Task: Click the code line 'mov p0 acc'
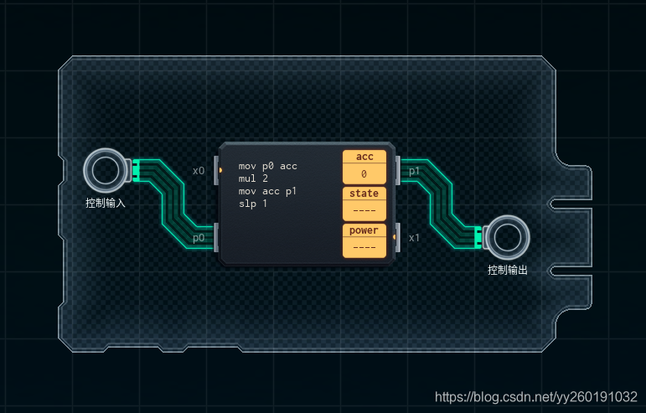click(x=267, y=166)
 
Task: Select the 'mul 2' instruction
click(x=253, y=178)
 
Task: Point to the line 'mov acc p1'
click(x=267, y=191)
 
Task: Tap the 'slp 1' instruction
click(x=253, y=204)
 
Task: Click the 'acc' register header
click(x=364, y=157)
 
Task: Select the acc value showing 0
click(x=364, y=173)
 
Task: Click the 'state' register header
click(x=364, y=194)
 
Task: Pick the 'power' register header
click(x=364, y=230)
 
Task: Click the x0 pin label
click(x=199, y=171)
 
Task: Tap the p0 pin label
click(x=199, y=238)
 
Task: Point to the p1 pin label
click(x=414, y=171)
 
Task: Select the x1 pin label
click(x=414, y=238)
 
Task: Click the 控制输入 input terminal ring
click(x=106, y=171)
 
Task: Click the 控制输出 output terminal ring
click(x=508, y=238)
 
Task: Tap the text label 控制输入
click(x=106, y=203)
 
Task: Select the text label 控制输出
click(x=508, y=270)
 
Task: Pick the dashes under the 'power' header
click(x=364, y=247)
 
